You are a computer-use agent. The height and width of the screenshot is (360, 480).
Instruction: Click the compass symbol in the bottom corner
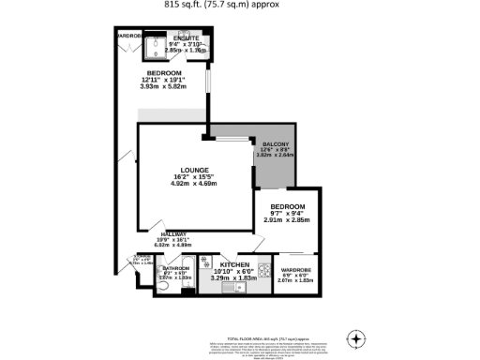[355, 338]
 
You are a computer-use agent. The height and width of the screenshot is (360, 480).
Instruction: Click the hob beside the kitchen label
[207, 263]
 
